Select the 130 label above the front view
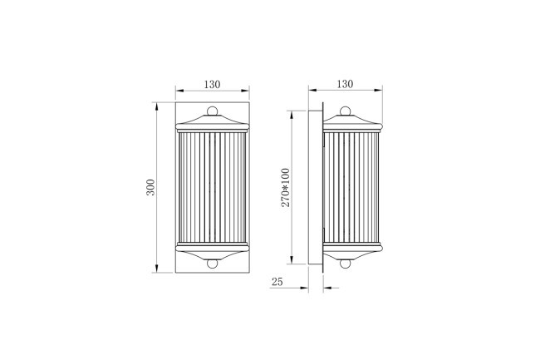[x=212, y=84]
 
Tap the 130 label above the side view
[x=345, y=84]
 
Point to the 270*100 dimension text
[x=285, y=187]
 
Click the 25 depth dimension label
[x=277, y=283]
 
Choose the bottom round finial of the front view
[x=212, y=264]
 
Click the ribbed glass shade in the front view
[x=212, y=186]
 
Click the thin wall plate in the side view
[x=317, y=186]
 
